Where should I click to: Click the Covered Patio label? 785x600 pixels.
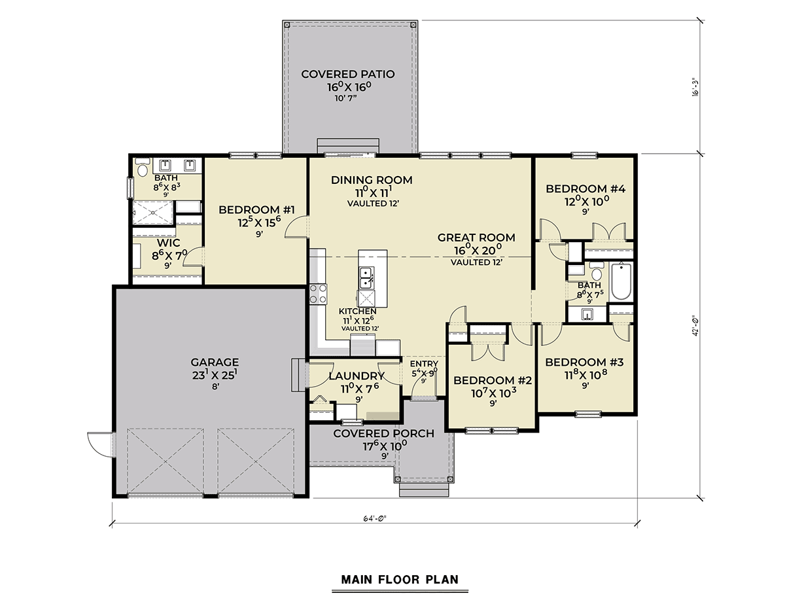click(x=347, y=75)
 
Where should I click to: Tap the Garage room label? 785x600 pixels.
click(x=215, y=362)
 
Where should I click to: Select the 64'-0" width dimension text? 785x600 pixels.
click(x=375, y=518)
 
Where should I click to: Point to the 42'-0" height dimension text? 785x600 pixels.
click(x=695, y=326)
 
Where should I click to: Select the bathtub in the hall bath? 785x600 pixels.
click(x=621, y=281)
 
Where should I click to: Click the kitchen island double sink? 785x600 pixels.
click(x=366, y=277)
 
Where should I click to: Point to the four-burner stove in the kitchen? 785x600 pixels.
click(x=318, y=294)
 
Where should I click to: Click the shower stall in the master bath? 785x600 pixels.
click(x=152, y=213)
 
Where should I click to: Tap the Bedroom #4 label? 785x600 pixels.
click(x=585, y=189)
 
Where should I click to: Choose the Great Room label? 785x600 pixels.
click(x=476, y=238)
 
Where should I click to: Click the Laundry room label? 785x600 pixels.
click(x=357, y=376)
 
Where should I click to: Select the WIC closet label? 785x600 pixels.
click(x=168, y=243)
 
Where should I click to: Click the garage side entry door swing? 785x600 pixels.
click(x=101, y=444)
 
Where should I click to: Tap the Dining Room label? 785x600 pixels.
click(x=372, y=180)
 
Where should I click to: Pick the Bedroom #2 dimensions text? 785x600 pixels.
click(x=493, y=394)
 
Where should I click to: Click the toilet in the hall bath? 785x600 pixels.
click(x=596, y=272)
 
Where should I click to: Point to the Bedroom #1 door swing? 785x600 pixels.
click(x=296, y=226)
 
